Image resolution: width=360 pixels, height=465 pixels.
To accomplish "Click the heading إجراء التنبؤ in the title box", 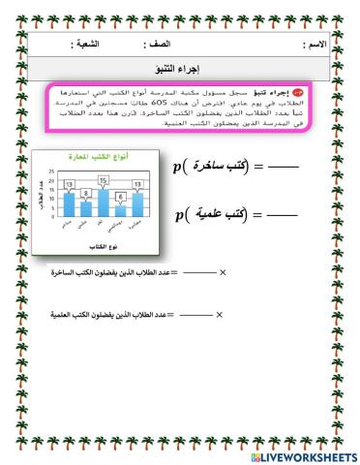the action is point(183,68).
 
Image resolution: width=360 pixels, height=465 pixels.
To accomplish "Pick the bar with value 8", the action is point(85,209).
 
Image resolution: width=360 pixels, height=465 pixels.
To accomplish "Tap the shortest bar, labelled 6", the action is point(120,211).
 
